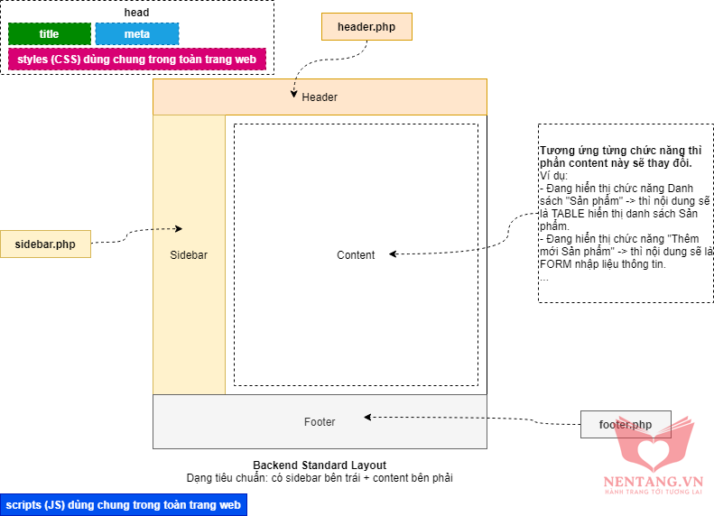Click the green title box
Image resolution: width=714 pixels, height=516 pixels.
click(x=50, y=34)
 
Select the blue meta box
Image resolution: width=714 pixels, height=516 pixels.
click(x=137, y=34)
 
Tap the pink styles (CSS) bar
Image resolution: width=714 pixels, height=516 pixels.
click(x=137, y=60)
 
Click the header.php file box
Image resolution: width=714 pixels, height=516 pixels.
click(x=366, y=27)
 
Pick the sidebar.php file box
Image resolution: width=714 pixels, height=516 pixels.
click(x=45, y=244)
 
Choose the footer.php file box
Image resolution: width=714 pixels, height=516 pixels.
click(x=626, y=424)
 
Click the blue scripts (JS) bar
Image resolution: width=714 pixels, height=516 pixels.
click(x=123, y=505)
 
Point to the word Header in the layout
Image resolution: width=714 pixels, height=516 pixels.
click(x=320, y=97)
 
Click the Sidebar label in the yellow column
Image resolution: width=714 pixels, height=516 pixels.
click(x=189, y=255)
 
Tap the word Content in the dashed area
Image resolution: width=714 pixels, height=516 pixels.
click(x=356, y=255)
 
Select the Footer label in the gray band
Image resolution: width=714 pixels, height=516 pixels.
click(x=320, y=421)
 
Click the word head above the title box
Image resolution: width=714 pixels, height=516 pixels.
click(x=136, y=13)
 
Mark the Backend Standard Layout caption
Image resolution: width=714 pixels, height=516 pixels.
click(x=320, y=465)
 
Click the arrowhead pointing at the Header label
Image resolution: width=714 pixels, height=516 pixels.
click(x=292, y=93)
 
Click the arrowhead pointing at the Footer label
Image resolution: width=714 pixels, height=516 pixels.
click(x=367, y=417)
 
